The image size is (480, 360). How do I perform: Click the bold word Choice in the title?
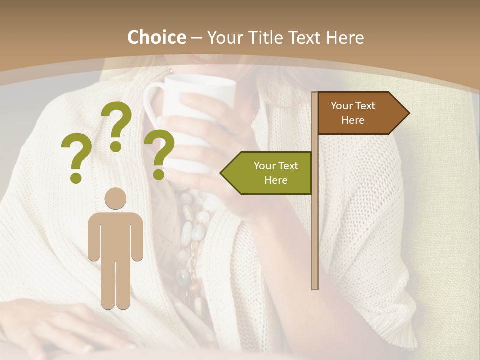(x=156, y=37)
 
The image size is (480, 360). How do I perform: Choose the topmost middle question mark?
(x=117, y=125)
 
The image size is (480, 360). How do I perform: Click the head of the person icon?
(x=115, y=199)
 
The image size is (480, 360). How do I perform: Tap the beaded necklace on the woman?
(x=192, y=240)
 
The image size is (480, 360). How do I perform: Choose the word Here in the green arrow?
(x=276, y=180)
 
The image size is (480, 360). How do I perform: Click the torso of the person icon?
(x=115, y=235)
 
